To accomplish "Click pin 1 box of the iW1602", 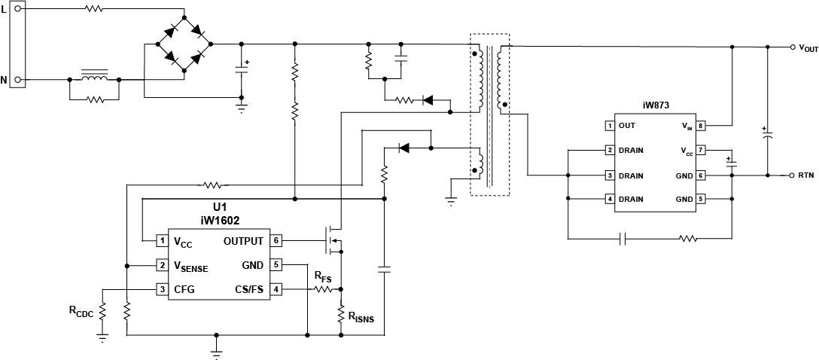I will (161, 241).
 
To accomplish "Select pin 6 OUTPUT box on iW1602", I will (276, 241).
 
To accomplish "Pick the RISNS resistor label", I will (360, 317).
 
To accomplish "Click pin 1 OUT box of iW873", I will (610, 125).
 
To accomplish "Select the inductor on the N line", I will (94, 78).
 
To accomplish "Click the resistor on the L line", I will (94, 10).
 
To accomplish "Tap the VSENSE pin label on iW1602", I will (191, 266).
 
